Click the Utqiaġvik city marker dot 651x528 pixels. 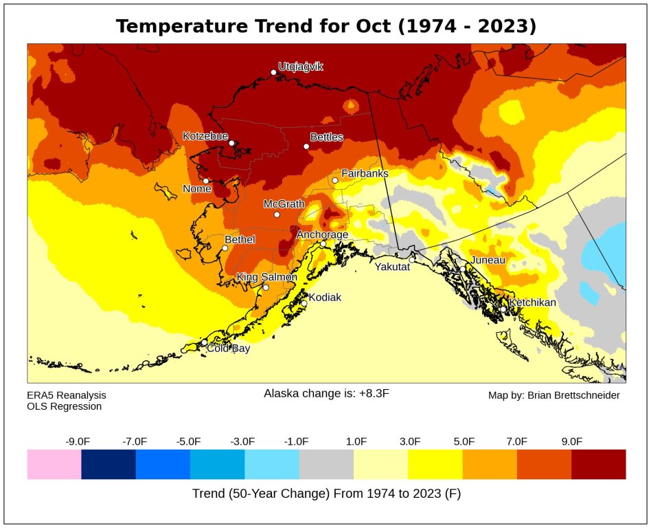pos(273,72)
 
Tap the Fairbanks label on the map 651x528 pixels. pos(365,174)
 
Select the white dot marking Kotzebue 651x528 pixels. pos(231,143)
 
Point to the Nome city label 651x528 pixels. pos(197,189)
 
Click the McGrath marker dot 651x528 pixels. pos(277,214)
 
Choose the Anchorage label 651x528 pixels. pos(322,234)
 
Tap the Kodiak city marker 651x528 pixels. pos(304,303)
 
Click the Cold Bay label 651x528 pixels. pos(229,349)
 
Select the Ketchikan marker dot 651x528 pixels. pos(503,309)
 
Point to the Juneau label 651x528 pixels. pos(488,260)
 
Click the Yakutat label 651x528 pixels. pos(391,267)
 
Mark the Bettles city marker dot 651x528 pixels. pos(306,146)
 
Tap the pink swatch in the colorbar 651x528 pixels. pos(54,464)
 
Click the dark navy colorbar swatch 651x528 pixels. pos(108,464)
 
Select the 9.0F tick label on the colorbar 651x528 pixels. pos(571,441)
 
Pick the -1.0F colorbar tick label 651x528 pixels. pos(297,441)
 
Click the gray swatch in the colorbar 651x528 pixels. pos(326,464)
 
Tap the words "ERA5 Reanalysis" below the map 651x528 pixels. pos(67,395)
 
